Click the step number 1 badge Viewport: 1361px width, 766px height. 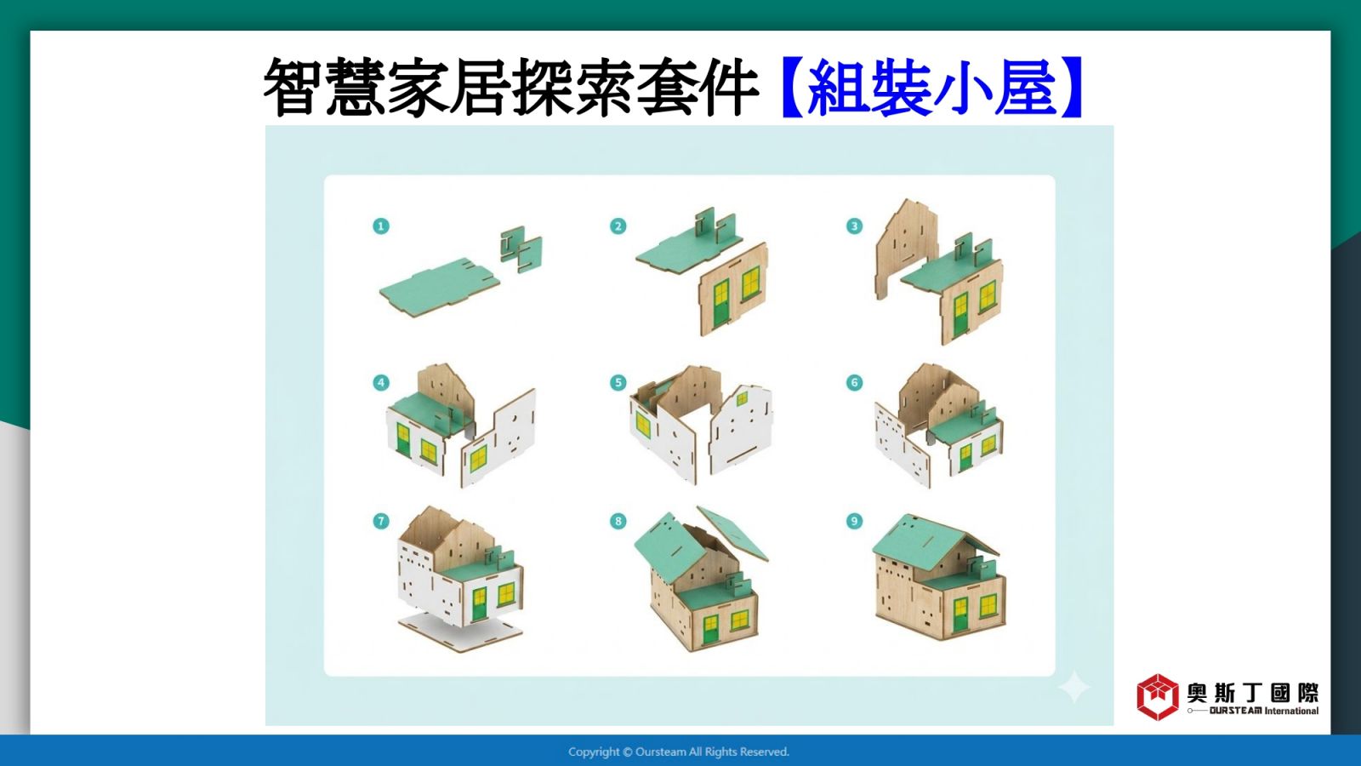point(381,226)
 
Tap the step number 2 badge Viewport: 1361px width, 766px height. point(618,226)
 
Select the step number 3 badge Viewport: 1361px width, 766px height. point(854,226)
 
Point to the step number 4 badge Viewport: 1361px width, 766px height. point(381,382)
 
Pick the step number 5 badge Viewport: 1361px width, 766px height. point(618,382)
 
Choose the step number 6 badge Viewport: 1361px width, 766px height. point(854,382)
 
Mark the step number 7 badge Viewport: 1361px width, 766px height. point(381,521)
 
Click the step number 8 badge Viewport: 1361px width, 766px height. point(618,521)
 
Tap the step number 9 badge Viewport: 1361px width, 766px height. point(854,521)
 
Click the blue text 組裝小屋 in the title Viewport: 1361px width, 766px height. point(931,88)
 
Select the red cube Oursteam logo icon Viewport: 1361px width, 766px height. point(1158,697)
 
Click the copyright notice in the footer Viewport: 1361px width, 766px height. point(679,752)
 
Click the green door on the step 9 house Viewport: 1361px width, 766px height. point(960,615)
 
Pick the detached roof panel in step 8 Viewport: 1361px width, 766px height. point(732,533)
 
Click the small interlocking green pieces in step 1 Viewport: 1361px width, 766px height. point(521,249)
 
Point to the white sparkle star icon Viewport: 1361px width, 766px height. point(1073,687)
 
